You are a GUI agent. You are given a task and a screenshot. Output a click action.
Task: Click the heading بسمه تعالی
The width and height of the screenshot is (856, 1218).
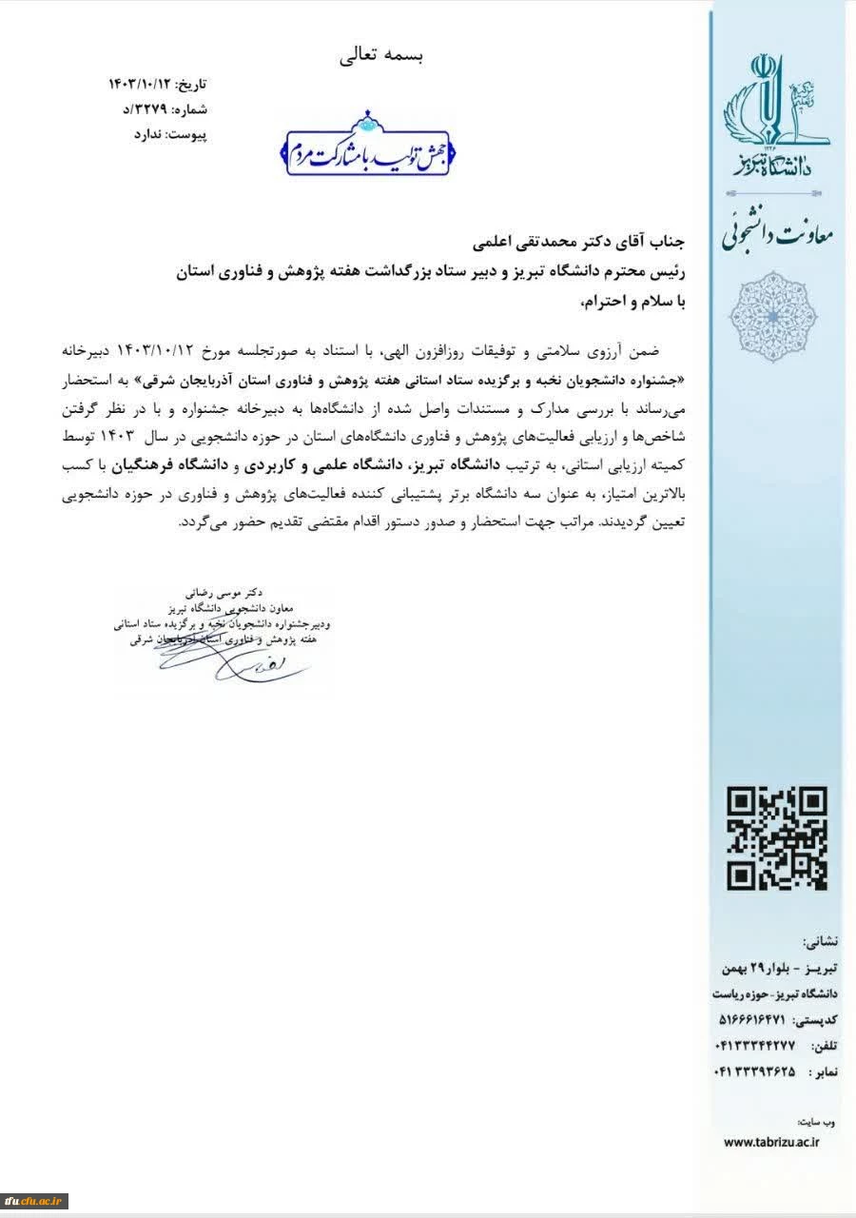[x=381, y=55]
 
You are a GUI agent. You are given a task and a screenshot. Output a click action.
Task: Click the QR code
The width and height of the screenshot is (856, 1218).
[x=776, y=838]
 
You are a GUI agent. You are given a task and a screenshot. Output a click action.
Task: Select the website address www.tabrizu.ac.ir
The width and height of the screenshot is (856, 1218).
[x=771, y=1141]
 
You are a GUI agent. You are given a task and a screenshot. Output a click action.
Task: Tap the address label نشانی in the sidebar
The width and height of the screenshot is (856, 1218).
[x=821, y=943]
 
